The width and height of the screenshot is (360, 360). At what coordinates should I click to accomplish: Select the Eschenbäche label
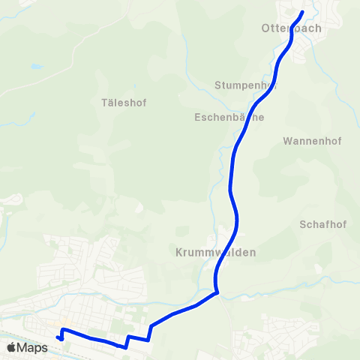tap(229, 118)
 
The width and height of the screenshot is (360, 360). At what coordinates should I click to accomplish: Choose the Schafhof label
tap(322, 224)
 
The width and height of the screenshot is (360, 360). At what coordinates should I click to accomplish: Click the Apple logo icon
tap(11, 347)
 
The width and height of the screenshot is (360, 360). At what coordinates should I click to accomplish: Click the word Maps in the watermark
tap(32, 347)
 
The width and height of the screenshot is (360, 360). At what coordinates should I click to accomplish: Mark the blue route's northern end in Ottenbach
tap(302, 12)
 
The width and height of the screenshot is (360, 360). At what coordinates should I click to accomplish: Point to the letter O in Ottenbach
tap(265, 28)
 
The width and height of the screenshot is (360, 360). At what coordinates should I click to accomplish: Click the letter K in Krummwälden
tap(178, 253)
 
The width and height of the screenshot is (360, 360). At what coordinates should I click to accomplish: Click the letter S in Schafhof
tap(303, 224)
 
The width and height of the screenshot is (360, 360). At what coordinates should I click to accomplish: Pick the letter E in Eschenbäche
tap(197, 118)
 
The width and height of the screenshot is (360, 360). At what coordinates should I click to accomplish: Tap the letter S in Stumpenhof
tap(217, 85)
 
